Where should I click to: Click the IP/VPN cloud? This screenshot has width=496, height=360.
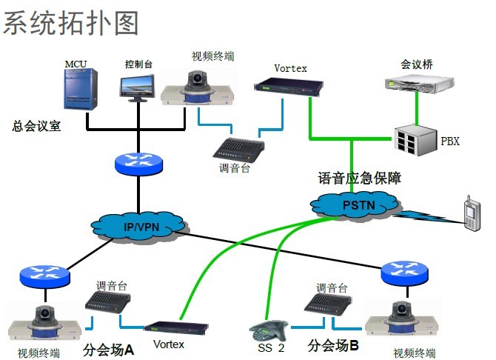[x=140, y=225]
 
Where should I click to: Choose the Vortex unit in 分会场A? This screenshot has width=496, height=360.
[x=175, y=327]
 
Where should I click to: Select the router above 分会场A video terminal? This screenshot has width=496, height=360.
[x=46, y=275]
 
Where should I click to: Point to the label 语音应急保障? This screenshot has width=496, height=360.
[x=359, y=178]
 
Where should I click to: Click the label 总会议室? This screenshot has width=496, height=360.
[x=36, y=125]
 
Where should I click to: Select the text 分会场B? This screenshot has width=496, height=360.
[x=332, y=344]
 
